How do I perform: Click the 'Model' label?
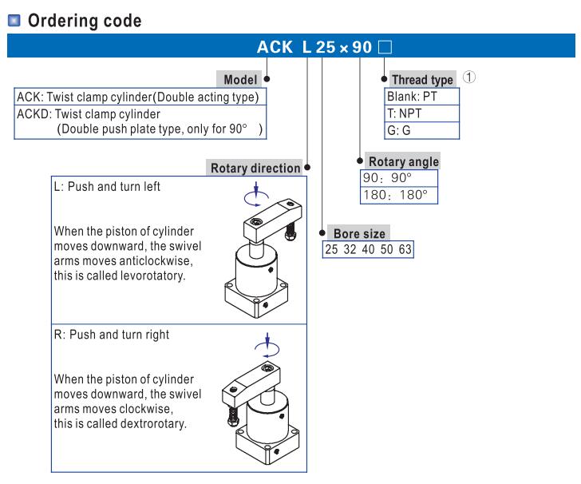(x=239, y=80)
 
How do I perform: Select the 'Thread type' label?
(x=422, y=80)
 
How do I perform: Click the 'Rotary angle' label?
(x=402, y=161)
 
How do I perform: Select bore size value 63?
(x=405, y=250)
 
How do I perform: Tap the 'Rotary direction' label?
(x=255, y=169)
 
